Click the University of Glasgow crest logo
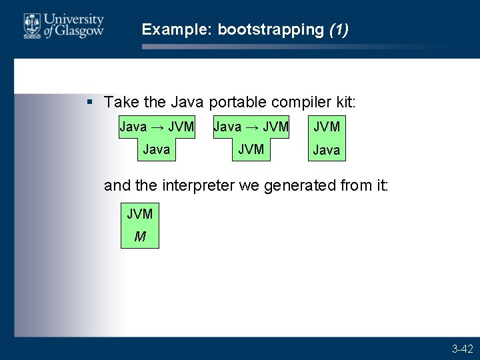click(x=31, y=25)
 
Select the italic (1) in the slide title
click(x=339, y=29)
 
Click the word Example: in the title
click(x=177, y=29)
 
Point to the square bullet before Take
click(x=90, y=102)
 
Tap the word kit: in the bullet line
click(x=345, y=102)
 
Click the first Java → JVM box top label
click(x=157, y=126)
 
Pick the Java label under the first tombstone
click(x=157, y=149)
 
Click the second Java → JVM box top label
click(x=251, y=126)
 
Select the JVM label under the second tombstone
click(x=251, y=149)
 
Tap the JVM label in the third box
click(x=327, y=126)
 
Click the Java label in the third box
click(x=327, y=150)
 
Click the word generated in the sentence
click(x=295, y=185)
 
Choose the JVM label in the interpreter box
click(x=140, y=214)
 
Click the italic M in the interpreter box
click(x=140, y=236)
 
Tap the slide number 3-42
click(x=462, y=349)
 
